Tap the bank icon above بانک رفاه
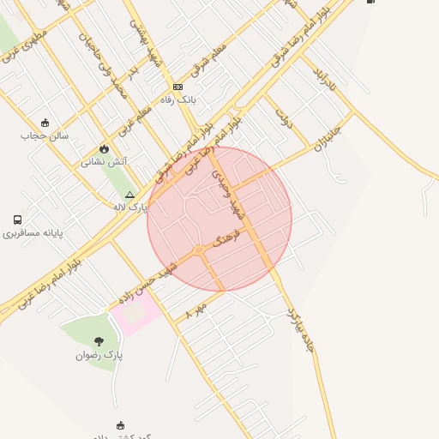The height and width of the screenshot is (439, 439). (x=177, y=87)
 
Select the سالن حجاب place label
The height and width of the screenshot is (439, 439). (x=39, y=135)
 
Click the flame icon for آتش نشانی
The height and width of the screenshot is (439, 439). (x=105, y=147)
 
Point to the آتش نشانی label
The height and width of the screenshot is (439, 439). (x=105, y=161)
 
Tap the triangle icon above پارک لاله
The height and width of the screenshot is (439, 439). (x=129, y=195)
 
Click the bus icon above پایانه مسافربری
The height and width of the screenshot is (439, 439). (x=18, y=219)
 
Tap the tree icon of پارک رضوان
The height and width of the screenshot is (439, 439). (x=99, y=341)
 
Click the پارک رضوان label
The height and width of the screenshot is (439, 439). (x=99, y=354)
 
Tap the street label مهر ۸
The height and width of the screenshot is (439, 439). (x=195, y=310)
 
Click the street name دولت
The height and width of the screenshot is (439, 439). (x=284, y=117)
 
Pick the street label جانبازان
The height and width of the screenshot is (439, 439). (x=327, y=134)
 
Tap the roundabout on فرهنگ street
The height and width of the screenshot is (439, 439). (x=199, y=250)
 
